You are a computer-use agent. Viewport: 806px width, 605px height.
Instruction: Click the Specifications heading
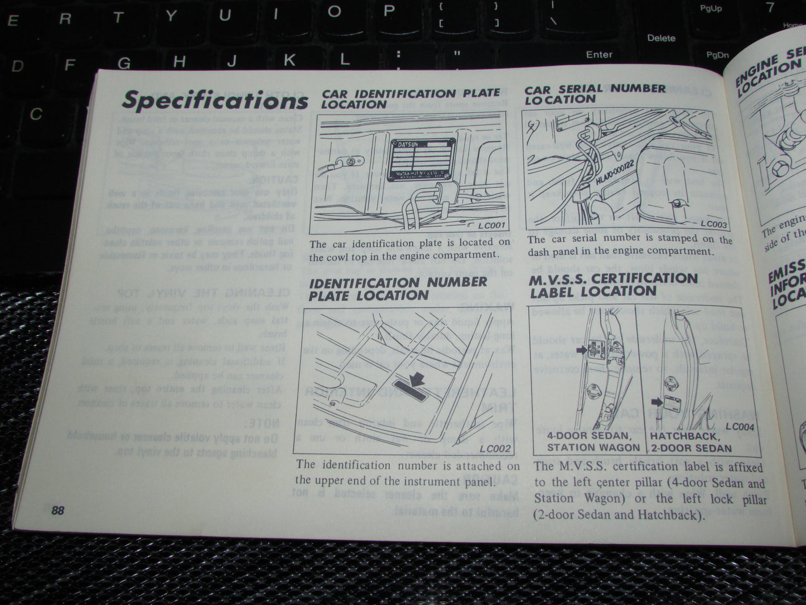tap(215, 100)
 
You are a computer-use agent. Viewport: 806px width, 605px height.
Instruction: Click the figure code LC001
tap(491, 226)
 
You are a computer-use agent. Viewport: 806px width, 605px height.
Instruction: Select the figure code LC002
tap(495, 448)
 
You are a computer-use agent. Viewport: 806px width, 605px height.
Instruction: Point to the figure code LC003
tap(714, 224)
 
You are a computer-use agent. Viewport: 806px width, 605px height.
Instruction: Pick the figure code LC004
tap(741, 428)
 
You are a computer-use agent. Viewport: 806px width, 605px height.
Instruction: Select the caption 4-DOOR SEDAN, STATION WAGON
tap(593, 441)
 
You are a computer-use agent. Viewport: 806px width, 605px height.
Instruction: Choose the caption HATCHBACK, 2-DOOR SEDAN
tap(691, 442)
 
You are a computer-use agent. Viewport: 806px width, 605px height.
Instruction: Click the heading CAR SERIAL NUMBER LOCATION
tap(595, 94)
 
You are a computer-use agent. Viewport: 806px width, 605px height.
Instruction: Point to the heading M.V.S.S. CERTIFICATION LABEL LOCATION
tap(613, 284)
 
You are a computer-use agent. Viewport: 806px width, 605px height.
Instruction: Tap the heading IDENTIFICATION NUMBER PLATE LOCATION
tap(398, 288)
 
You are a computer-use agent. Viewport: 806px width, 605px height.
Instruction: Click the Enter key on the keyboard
tap(599, 54)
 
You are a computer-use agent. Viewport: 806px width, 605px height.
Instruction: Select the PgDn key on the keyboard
tap(717, 55)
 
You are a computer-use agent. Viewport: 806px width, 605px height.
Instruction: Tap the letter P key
tap(389, 10)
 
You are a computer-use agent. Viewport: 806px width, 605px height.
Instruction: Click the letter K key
tap(289, 60)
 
